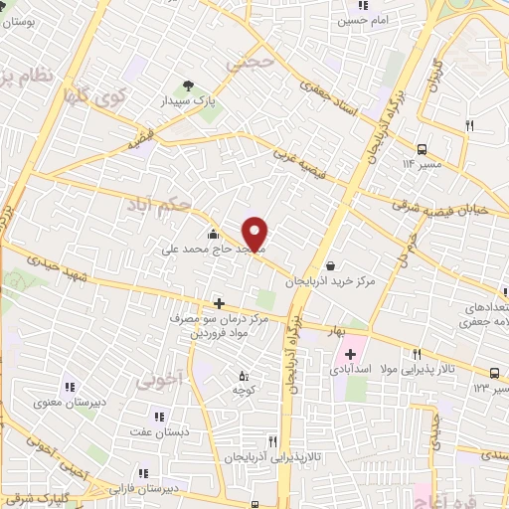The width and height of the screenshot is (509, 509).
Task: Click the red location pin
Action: pos(255,233)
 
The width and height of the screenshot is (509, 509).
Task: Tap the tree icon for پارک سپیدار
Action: pos(183,86)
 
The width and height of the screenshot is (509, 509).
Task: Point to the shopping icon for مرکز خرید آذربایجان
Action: pos(329,265)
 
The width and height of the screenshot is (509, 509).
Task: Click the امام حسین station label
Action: pos(367,20)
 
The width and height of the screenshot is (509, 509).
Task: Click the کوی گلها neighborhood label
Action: pos(93,99)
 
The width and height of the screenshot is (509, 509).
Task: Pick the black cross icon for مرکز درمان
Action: pos(219,303)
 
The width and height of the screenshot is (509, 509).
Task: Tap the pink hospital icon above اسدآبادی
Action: pos(350,354)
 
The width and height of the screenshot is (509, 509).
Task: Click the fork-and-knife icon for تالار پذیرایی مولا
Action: pos(418,354)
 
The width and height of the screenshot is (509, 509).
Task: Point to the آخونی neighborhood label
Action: pos(159,379)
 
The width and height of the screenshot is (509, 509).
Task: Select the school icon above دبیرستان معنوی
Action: pos(70,387)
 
